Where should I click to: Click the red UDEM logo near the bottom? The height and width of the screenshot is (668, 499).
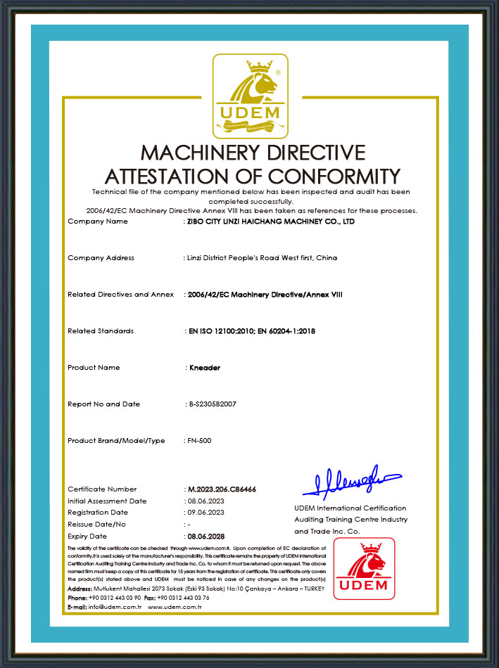[x=364, y=568]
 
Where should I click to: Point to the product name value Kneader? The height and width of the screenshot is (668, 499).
[x=205, y=368]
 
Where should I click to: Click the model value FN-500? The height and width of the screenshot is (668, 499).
[x=200, y=441]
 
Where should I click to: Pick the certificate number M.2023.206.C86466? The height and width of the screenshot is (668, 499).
[x=222, y=489]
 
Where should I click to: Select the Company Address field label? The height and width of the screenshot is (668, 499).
[x=101, y=258]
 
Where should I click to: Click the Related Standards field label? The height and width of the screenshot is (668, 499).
[x=101, y=331]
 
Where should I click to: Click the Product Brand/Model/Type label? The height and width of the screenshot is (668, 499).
[x=116, y=441]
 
